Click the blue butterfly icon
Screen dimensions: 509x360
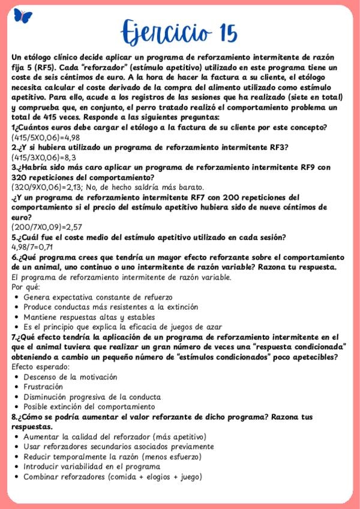click(23, 16)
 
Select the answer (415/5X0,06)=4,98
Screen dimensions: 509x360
click(45, 137)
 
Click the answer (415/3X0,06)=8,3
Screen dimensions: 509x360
click(41, 157)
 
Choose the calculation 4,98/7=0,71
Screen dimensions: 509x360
click(32, 246)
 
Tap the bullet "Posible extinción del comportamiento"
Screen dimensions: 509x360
click(89, 406)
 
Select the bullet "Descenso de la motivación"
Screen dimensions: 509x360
click(70, 377)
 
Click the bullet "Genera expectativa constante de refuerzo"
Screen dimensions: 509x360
click(98, 297)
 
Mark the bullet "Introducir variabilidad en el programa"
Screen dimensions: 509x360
click(92, 466)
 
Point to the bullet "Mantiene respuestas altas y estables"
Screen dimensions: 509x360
click(89, 317)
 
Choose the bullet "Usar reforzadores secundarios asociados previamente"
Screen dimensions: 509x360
click(118, 447)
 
